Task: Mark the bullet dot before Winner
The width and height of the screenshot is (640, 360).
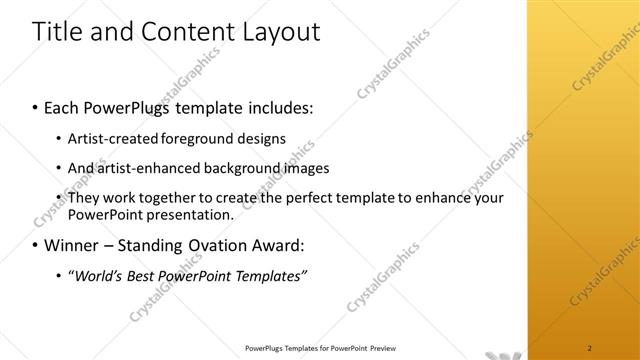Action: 37,245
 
